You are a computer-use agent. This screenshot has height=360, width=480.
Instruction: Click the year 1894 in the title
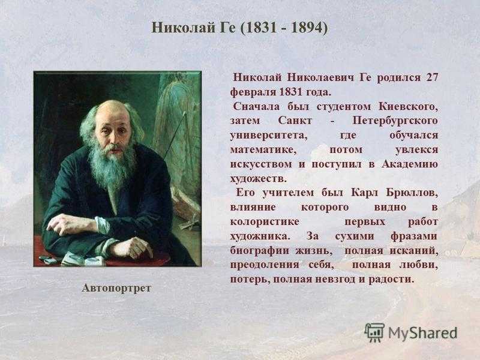pos(307,28)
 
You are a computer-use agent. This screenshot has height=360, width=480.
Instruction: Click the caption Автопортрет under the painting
pos(116,288)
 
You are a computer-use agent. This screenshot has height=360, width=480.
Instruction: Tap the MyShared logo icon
pos(374,333)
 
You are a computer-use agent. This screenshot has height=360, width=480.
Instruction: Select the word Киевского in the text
pos(409,107)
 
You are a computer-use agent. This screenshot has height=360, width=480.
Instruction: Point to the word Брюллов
pos(412,193)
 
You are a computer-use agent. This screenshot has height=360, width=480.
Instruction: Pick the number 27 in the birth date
pos(432,77)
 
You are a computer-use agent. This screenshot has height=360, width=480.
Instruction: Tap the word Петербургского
pos(395,121)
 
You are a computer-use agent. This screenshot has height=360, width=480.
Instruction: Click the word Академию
pos(410,164)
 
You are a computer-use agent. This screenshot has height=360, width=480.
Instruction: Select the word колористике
pos(265,222)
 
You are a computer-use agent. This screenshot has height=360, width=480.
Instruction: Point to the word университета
pos(268,136)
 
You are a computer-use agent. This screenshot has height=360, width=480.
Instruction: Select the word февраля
pos(253,92)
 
